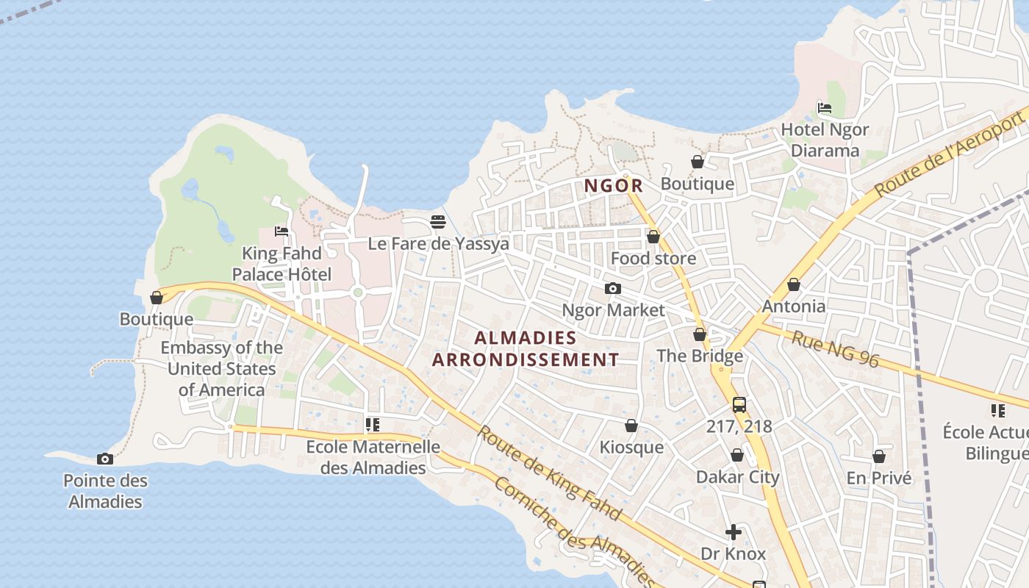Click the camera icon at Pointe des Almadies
105,459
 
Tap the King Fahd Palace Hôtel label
282,264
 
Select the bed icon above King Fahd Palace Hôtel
282,231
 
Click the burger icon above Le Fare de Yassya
438,221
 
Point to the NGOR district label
614,186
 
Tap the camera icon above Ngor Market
612,289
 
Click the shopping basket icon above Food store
653,237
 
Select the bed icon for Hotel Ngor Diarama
825,108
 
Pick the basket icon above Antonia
794,284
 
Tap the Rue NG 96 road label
835,348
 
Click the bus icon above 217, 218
739,404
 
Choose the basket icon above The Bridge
700,335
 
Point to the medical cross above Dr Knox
734,532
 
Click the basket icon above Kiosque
631,426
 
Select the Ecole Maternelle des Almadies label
373,457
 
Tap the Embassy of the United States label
221,368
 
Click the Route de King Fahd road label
550,473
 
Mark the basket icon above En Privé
878,456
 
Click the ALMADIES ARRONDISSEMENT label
526,348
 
